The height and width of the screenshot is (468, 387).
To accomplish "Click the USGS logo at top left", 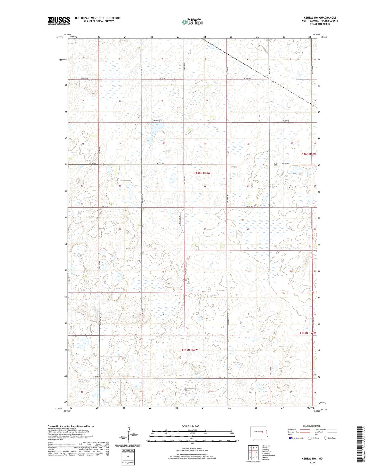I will click(x=59, y=21).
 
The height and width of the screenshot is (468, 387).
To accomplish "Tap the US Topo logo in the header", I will click(x=192, y=22).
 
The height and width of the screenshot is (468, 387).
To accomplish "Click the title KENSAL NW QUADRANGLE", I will click(x=320, y=18).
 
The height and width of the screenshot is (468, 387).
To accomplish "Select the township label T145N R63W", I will click(x=189, y=350).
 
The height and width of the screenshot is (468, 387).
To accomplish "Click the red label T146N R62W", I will click(x=308, y=154).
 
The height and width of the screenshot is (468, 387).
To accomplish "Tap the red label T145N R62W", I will click(x=308, y=333).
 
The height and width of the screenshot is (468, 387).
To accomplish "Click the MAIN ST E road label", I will click(x=206, y=292).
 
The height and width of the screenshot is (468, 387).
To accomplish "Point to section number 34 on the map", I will click(x=205, y=272).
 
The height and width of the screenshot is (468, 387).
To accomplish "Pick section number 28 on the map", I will click(x=163, y=228).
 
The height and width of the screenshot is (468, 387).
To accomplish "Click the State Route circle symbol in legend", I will click(x=326, y=438).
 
